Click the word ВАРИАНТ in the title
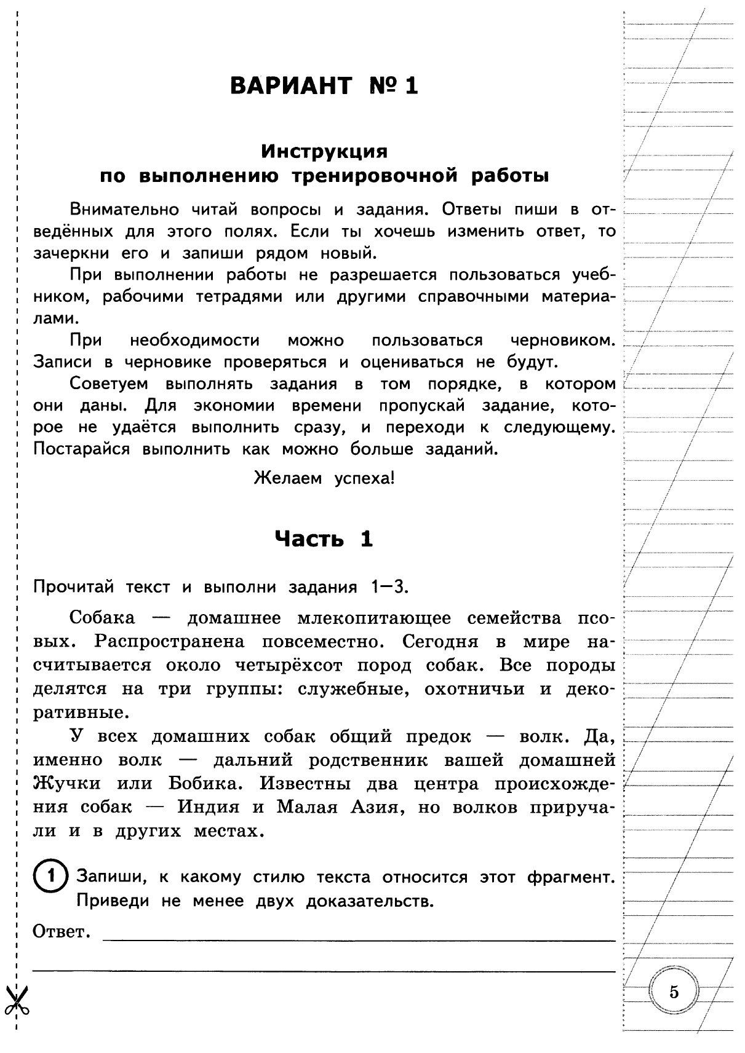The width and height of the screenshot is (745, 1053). (x=291, y=85)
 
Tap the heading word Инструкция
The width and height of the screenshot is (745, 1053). (x=324, y=151)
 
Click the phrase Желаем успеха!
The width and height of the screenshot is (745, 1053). (x=324, y=478)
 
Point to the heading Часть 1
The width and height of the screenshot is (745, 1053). (x=324, y=539)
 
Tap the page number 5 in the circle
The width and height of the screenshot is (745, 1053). (x=674, y=992)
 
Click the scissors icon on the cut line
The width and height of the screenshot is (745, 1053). (x=17, y=1000)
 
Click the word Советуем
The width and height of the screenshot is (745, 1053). (x=109, y=384)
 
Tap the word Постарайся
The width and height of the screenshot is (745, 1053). (x=81, y=449)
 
